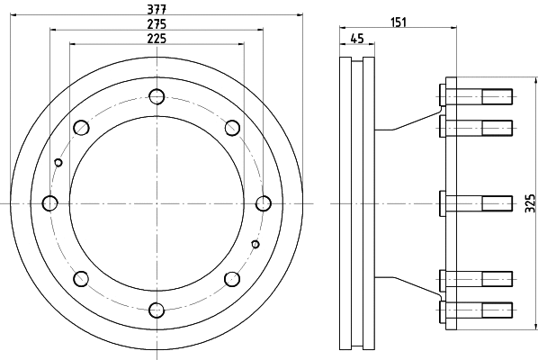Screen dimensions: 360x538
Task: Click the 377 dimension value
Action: [x=157, y=9]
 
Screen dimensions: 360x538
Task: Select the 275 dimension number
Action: [x=157, y=23]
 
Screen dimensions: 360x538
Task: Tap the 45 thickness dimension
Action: [x=356, y=38]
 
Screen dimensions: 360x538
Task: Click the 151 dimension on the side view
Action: [x=399, y=22]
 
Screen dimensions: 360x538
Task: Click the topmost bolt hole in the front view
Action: [x=157, y=96]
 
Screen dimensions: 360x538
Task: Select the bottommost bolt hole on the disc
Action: [x=157, y=310]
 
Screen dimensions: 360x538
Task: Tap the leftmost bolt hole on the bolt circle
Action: [x=50, y=202]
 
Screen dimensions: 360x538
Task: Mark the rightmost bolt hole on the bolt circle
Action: [x=265, y=202]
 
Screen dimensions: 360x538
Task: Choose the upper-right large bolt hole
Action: [x=232, y=127]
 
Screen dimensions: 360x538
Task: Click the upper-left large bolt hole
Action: [x=81, y=127]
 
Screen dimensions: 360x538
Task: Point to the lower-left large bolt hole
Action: [x=81, y=278]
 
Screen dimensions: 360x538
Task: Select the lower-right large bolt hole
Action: [x=232, y=278]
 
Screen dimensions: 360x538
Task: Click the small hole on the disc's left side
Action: [x=58, y=162]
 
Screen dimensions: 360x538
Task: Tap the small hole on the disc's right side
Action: [x=256, y=244]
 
